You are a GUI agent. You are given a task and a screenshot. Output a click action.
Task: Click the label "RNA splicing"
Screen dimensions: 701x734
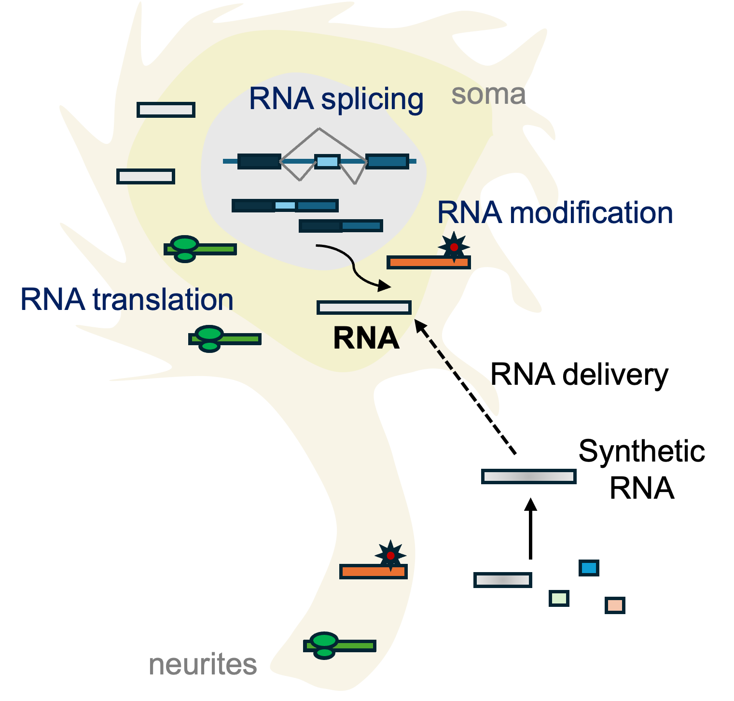336,99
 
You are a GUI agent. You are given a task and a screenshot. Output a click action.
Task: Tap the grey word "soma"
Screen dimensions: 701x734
488,94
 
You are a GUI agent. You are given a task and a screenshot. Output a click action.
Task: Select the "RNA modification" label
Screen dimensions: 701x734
555,212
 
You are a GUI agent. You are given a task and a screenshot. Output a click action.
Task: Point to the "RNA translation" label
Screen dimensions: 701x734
127,299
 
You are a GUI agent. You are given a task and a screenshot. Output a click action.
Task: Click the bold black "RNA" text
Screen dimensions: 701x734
366,338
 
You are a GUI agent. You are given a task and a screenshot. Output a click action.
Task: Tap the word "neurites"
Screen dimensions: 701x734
203,664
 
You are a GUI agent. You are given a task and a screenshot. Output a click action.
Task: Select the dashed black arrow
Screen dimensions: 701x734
435,346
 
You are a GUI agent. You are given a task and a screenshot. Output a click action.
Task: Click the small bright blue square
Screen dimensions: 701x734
589,568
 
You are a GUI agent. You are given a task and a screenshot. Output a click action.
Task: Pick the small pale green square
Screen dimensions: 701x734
559,598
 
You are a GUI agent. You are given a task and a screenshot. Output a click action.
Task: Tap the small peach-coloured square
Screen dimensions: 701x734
615,605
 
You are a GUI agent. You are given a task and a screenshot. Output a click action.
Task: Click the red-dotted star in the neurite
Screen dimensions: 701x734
390,556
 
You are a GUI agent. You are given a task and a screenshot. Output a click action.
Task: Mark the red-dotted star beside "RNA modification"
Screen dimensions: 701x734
454,247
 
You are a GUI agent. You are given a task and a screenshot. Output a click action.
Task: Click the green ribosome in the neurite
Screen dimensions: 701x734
324,645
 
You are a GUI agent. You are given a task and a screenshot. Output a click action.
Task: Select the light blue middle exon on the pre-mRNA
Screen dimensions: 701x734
327,161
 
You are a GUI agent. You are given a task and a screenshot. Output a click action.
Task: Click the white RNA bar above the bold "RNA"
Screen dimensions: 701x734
364,307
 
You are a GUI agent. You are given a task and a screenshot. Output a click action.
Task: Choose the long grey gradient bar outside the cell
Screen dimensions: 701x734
529,477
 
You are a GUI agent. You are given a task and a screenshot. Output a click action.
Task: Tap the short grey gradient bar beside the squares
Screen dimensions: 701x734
503,580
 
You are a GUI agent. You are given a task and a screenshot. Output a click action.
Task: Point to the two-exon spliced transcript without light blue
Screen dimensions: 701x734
341,225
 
